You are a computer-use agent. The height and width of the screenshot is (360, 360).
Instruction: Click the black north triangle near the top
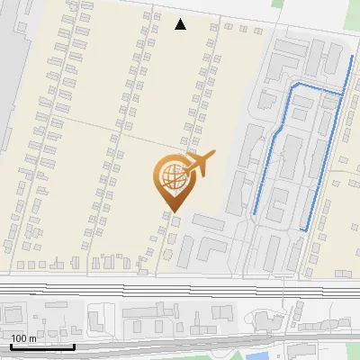click(x=181, y=24)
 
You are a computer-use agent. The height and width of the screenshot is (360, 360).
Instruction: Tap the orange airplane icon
click(x=197, y=164)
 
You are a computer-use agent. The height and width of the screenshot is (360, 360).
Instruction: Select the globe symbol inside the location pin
click(x=172, y=178)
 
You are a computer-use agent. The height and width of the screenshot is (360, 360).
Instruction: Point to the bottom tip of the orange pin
click(x=172, y=212)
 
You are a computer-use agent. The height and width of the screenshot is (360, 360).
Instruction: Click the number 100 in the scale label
click(x=19, y=338)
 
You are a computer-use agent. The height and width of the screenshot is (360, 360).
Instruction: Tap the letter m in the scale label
click(x=32, y=338)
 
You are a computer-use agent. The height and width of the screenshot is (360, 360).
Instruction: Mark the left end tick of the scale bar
click(x=11, y=346)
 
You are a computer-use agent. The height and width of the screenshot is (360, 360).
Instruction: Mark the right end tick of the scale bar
click(x=74, y=346)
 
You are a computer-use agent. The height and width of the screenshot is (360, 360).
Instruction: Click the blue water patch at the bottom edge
click(x=260, y=356)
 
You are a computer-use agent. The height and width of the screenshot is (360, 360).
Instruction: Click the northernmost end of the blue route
click(x=351, y=57)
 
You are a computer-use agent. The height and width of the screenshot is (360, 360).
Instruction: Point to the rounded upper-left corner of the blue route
click(x=292, y=85)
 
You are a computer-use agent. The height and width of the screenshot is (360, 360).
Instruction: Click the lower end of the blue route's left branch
click(x=255, y=212)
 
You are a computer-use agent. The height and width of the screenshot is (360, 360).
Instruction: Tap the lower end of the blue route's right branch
click(x=303, y=230)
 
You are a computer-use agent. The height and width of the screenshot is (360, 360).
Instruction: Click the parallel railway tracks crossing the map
click(x=180, y=292)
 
